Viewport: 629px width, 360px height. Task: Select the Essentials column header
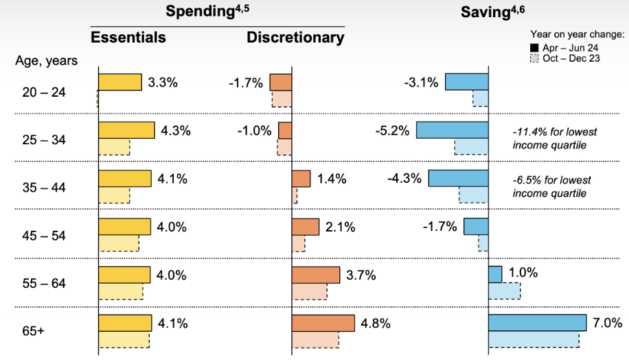pos(128,37)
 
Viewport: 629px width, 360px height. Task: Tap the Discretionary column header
pos(295,37)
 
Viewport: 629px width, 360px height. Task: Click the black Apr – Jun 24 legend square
pos(534,47)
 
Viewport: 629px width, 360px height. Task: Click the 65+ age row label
pos(32,331)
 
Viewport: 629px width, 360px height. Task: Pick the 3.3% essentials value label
pos(163,82)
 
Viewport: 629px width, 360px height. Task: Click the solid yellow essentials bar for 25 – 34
pos(126,131)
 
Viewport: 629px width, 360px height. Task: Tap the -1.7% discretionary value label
pos(246,83)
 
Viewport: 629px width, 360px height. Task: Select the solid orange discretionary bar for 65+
pos(323,323)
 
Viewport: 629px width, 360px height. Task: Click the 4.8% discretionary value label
pos(376,323)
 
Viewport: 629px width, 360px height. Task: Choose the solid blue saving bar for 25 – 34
pos(452,131)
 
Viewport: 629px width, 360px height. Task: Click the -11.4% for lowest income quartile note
pos(555,137)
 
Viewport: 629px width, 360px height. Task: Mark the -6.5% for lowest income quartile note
pos(551,186)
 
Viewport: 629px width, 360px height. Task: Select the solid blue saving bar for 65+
pos(537,323)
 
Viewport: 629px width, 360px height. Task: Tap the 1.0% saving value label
pos(523,273)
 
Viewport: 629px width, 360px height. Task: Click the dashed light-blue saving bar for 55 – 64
pos(504,291)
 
